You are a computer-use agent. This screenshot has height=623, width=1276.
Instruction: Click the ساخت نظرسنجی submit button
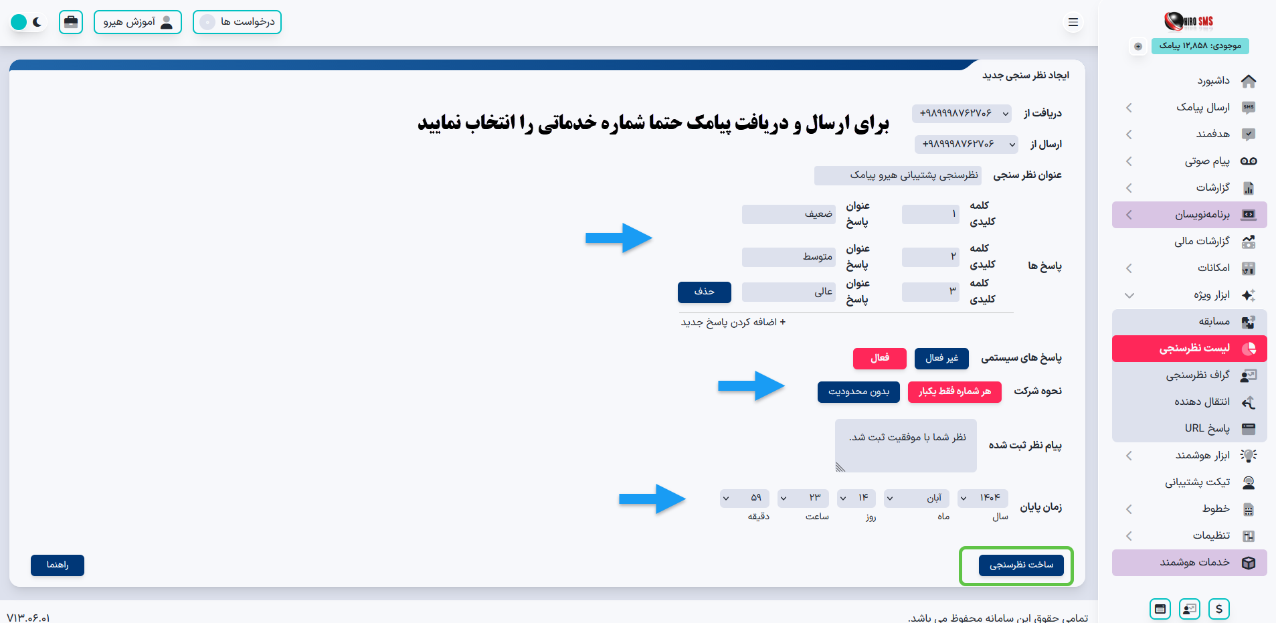[x=1021, y=565]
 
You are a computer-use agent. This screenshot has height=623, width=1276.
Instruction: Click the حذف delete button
[x=704, y=292]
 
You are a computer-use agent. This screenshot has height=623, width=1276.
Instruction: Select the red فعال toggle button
[x=879, y=359]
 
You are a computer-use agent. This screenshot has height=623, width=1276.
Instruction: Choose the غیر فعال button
[x=941, y=359]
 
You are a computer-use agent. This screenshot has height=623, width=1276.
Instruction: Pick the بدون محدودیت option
[x=858, y=392]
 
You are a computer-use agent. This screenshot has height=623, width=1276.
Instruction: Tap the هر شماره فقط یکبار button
[x=954, y=392]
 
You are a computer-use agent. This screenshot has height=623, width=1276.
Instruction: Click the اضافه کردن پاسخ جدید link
[x=733, y=323]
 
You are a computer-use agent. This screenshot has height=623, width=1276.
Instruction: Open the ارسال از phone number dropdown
[x=966, y=145]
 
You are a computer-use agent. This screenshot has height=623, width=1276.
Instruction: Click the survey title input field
[x=897, y=175]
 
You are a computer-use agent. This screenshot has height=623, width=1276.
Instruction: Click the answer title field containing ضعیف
[x=788, y=215]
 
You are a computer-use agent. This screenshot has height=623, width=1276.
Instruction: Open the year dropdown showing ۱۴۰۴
[x=982, y=499]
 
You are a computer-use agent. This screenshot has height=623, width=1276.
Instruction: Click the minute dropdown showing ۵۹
[x=745, y=499]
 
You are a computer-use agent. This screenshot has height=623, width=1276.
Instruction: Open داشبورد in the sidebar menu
[x=1213, y=81]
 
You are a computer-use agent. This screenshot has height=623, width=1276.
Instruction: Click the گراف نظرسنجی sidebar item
[x=1198, y=375]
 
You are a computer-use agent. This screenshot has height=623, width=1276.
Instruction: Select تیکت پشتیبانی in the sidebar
[x=1198, y=482]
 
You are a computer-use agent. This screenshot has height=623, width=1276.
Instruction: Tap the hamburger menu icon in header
[x=1073, y=23]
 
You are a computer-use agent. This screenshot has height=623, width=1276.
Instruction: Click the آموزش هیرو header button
[x=138, y=22]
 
